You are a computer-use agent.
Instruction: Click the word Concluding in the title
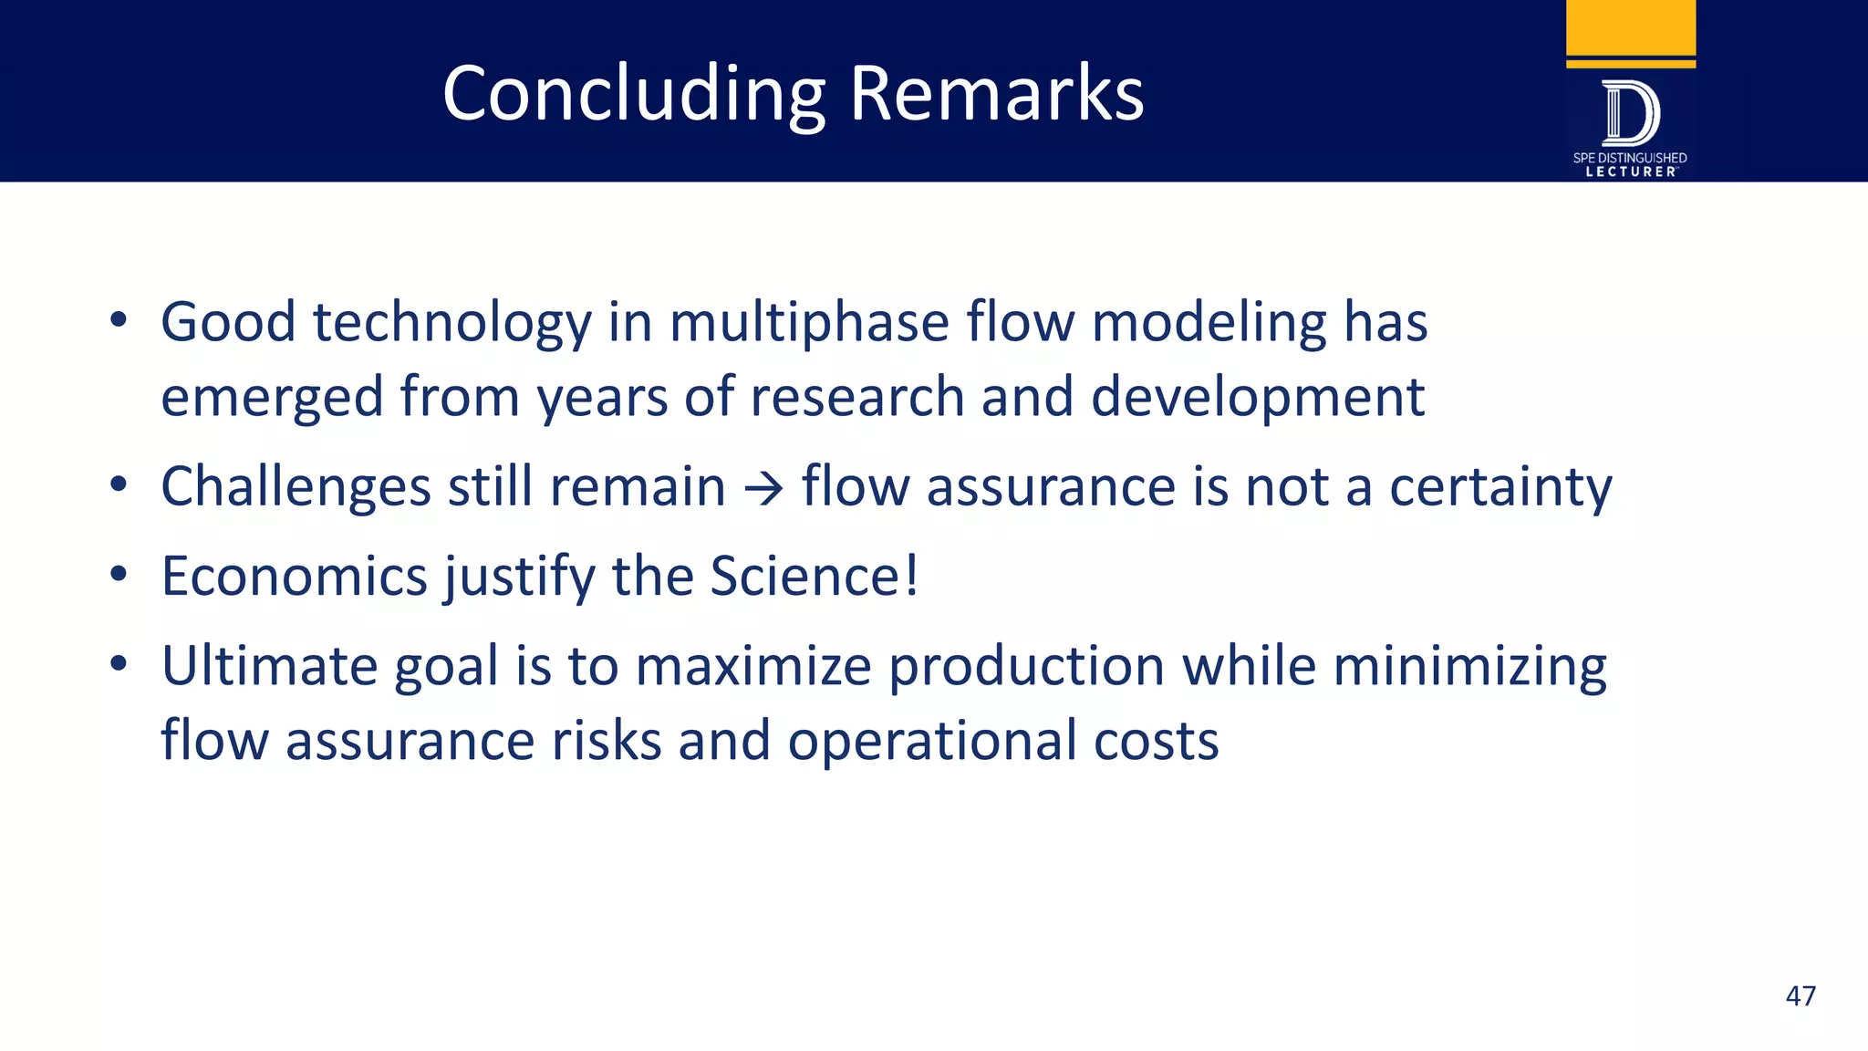[x=633, y=95]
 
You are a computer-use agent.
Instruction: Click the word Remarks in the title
[x=996, y=93]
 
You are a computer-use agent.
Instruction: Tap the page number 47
[x=1800, y=995]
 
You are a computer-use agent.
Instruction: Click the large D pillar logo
[x=1630, y=113]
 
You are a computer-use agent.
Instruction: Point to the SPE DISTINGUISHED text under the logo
[x=1629, y=158]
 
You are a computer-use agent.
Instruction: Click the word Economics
[x=294, y=577]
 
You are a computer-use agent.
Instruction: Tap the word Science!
[x=814, y=577]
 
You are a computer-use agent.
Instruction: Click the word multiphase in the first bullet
[x=809, y=324]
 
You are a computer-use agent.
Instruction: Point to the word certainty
[x=1500, y=488]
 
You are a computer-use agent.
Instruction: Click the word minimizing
[x=1469, y=667]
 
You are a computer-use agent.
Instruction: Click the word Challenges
[x=296, y=488]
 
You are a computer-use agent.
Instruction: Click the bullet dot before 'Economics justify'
[x=118, y=575]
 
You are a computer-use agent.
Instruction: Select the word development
[x=1257, y=399]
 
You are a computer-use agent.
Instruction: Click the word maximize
[x=753, y=667]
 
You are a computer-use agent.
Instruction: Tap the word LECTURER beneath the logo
[x=1630, y=172]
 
